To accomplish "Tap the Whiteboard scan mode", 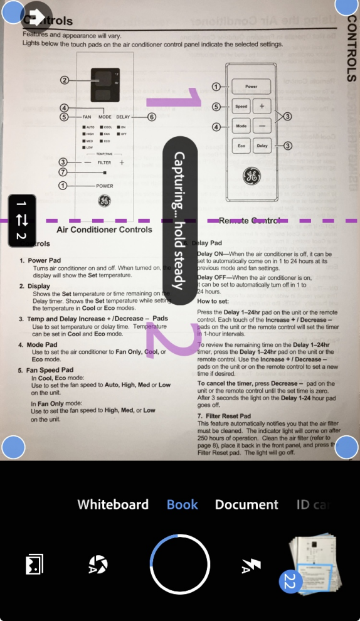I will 113,504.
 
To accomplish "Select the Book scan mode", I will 183,504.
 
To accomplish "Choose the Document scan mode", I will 246,504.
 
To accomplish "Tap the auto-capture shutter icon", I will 98,565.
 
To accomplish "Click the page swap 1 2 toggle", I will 21,220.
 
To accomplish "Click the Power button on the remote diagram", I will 251,87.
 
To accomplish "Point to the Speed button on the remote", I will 241,107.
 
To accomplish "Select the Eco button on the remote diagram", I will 241,146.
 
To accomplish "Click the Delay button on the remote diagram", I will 262,146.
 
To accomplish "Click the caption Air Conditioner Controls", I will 105,230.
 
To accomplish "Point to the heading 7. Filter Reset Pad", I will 224,416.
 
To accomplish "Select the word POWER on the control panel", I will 105,186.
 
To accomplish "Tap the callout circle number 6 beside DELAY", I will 151,117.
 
